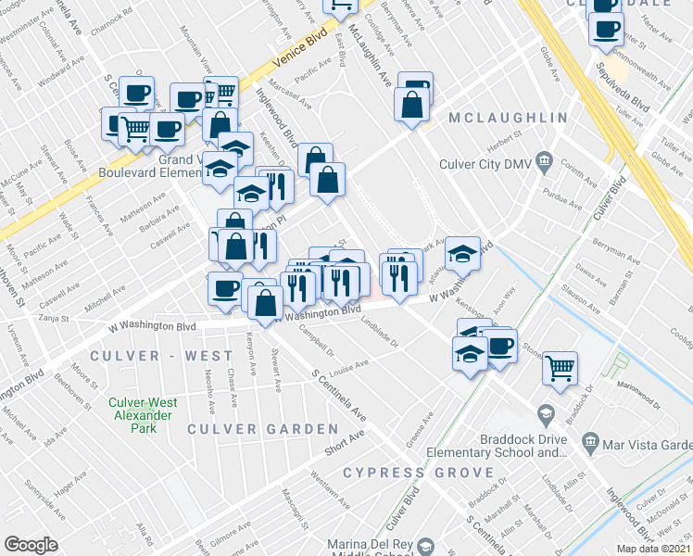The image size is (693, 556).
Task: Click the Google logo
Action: [x=31, y=545]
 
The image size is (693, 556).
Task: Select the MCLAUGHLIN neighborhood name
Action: [x=508, y=119]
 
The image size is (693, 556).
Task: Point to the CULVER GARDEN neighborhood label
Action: [x=263, y=429]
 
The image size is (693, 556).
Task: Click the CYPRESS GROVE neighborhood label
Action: [x=419, y=473]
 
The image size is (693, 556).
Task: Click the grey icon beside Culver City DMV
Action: [x=544, y=162]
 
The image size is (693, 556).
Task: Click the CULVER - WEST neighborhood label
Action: [x=161, y=356]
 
